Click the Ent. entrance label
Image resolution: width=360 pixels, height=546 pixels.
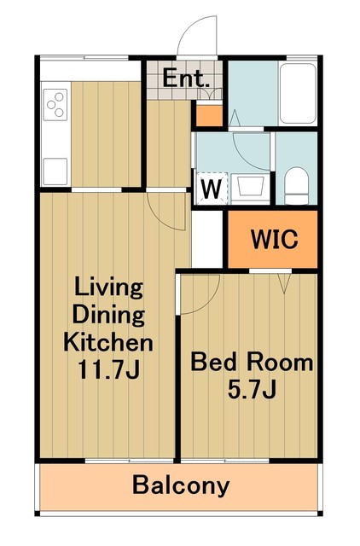click(186, 78)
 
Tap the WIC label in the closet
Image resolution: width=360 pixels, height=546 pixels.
click(275, 239)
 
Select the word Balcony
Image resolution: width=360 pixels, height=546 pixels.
click(181, 485)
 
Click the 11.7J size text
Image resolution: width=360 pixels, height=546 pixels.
click(108, 369)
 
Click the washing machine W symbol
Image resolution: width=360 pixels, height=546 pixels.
click(212, 189)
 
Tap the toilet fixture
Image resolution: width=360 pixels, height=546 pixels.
click(296, 185)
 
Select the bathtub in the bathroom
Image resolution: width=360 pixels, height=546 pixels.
click(298, 93)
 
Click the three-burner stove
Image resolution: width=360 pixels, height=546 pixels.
click(55, 104)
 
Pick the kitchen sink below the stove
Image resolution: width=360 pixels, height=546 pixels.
click(55, 171)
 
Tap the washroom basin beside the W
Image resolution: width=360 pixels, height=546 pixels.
click(250, 188)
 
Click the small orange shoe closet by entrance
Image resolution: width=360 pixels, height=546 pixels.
click(210, 115)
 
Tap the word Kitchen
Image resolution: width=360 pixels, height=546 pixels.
click(108, 342)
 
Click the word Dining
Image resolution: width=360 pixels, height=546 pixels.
click(108, 315)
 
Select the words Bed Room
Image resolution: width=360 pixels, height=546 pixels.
click(252, 362)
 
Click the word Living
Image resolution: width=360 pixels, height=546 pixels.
click(108, 288)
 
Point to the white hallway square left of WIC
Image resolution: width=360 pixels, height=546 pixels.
click(207, 239)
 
